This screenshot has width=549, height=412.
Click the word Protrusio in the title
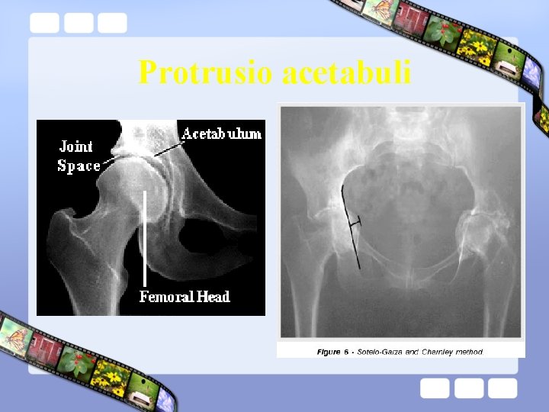click(x=206, y=73)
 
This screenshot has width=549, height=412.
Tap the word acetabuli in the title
click(x=347, y=73)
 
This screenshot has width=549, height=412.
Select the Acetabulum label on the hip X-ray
click(x=221, y=134)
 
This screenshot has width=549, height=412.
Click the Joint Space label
click(x=78, y=156)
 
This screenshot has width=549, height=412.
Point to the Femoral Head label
click(x=185, y=296)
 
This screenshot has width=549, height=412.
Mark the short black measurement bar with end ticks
click(x=353, y=223)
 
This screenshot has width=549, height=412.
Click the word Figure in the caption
click(x=329, y=352)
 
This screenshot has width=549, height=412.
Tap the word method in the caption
click(x=469, y=352)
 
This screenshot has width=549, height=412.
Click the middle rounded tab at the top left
click(x=78, y=23)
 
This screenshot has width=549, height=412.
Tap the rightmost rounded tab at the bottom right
click(x=503, y=388)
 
